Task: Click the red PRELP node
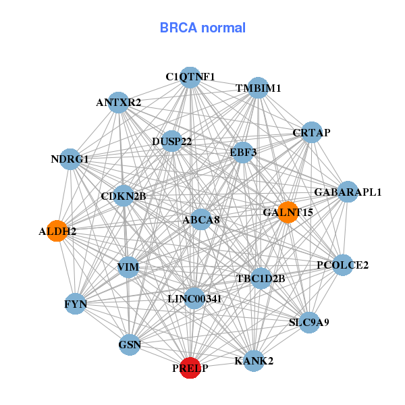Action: pyautogui.click(x=190, y=368)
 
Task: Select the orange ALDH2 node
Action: pyautogui.click(x=57, y=231)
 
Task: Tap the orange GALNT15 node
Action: pyautogui.click(x=288, y=213)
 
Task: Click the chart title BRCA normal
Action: pyautogui.click(x=202, y=28)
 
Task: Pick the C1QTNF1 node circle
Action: pyautogui.click(x=190, y=77)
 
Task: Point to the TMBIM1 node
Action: pyautogui.click(x=259, y=88)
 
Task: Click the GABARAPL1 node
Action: pyautogui.click(x=348, y=192)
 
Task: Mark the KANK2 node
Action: pyautogui.click(x=254, y=360)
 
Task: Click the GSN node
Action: pyautogui.click(x=130, y=346)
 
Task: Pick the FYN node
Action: pyautogui.click(x=76, y=304)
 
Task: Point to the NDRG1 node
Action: pyautogui.click(x=70, y=159)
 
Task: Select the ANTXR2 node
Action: pyautogui.click(x=119, y=103)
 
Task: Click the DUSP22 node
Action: pyautogui.click(x=172, y=141)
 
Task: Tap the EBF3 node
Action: pyautogui.click(x=243, y=152)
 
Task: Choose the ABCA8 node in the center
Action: pyautogui.click(x=201, y=219)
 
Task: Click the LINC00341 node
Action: pyautogui.click(x=194, y=298)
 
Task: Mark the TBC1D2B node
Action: pyautogui.click(x=261, y=278)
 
